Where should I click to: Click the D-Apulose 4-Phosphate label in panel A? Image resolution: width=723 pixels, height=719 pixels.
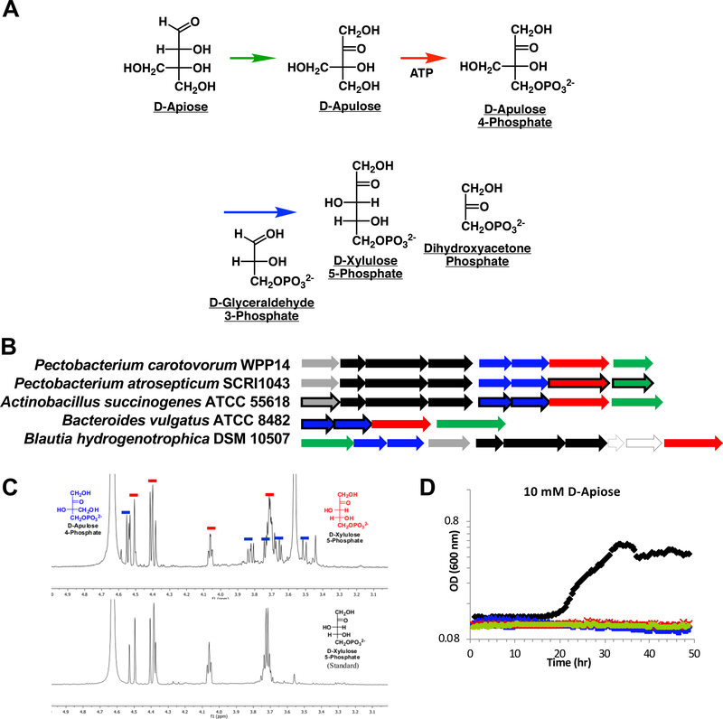515,121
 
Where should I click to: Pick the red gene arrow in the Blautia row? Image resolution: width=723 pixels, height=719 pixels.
692,443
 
